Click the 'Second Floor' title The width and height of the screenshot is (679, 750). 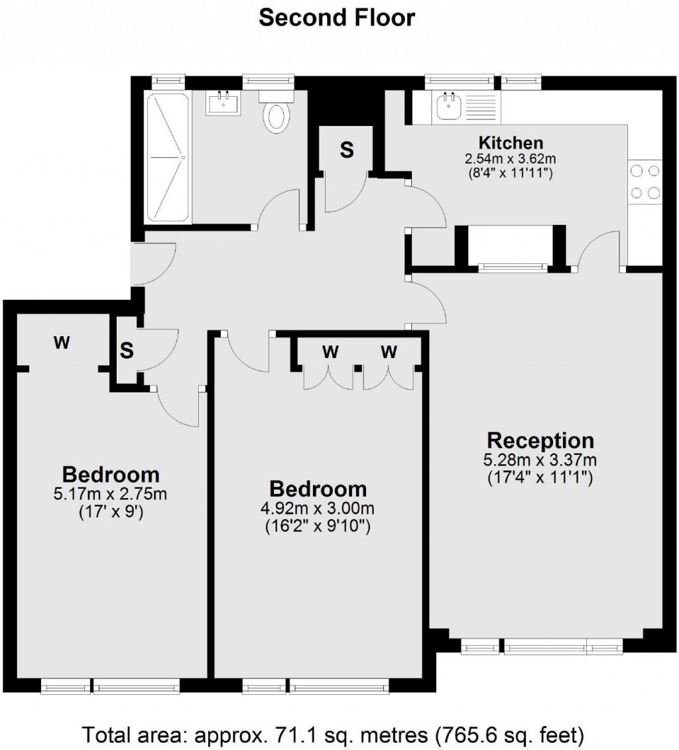[x=337, y=18]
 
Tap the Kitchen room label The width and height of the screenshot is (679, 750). [x=511, y=143]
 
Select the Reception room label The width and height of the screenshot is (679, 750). [x=540, y=440]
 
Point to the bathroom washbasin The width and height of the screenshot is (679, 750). [x=223, y=102]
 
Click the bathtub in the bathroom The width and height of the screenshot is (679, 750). [x=167, y=157]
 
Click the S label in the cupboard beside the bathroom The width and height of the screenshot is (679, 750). [x=347, y=150]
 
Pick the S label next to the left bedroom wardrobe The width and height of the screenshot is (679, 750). [x=126, y=351]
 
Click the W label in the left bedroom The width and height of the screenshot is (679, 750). [x=62, y=342]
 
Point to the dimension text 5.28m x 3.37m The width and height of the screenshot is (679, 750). [x=540, y=460]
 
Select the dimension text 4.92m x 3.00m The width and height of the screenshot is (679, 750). [x=317, y=508]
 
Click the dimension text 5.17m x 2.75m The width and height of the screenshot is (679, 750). [x=111, y=493]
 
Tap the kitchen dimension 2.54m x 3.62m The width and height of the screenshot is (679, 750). [x=510, y=158]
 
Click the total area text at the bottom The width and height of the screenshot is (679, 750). [x=334, y=734]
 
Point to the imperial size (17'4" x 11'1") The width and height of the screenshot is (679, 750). [x=540, y=477]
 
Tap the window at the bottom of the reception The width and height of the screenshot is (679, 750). [x=542, y=648]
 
